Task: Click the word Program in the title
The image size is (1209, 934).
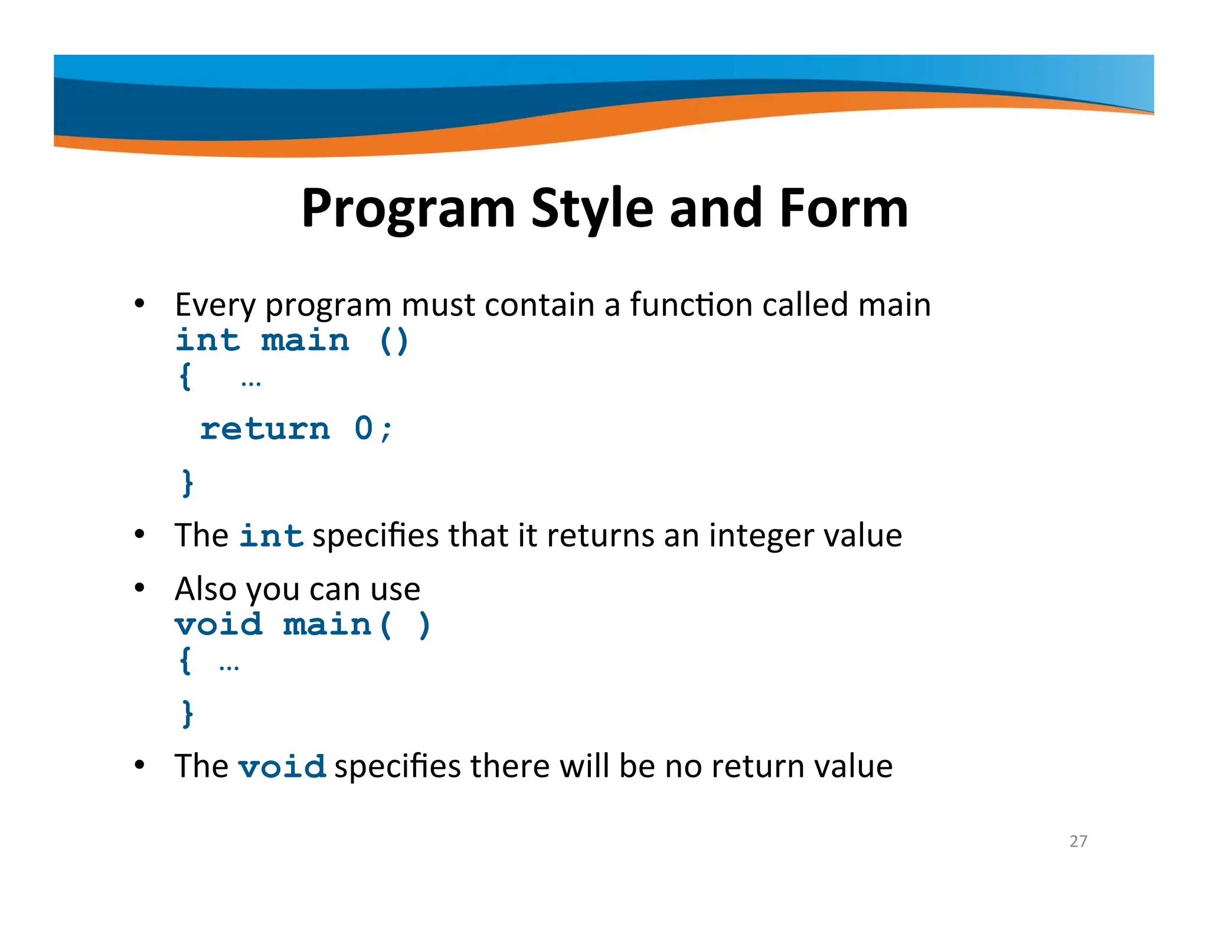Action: click(x=409, y=208)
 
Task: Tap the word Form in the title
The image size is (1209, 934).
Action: click(x=844, y=208)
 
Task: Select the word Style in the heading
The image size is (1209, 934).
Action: click(x=592, y=208)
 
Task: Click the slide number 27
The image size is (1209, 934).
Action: click(x=1078, y=841)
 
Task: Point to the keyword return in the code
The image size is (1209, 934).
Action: click(x=264, y=429)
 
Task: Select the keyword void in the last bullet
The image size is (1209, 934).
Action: click(x=282, y=766)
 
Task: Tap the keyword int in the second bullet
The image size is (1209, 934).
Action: click(x=271, y=535)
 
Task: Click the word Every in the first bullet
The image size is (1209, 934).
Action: click(x=215, y=305)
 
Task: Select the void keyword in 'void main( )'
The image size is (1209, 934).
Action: click(x=218, y=625)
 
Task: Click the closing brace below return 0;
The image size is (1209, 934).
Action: click(x=187, y=483)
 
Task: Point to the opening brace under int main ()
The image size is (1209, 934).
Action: click(x=185, y=376)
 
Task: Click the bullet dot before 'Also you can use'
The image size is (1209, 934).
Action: click(x=139, y=588)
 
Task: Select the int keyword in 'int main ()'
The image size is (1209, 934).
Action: click(x=208, y=341)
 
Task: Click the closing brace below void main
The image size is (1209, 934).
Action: click(x=187, y=714)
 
